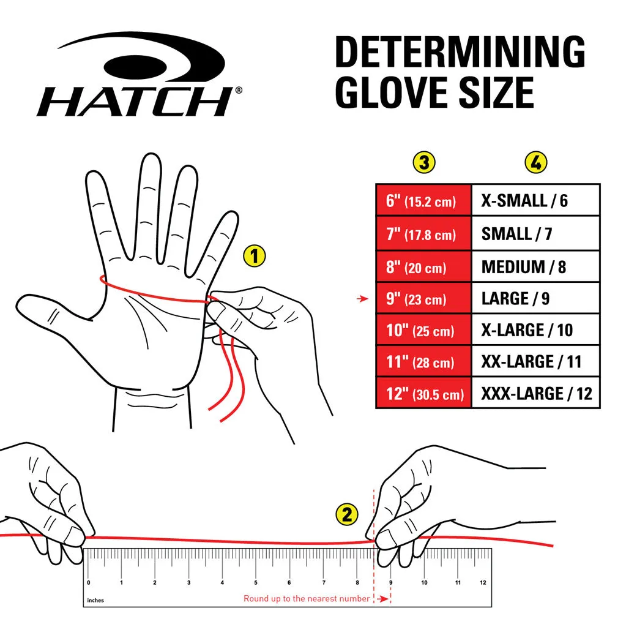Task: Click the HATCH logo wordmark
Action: point(135,102)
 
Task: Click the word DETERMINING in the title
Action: point(460,51)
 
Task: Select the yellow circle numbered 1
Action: point(255,256)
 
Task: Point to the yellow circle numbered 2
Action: point(347,514)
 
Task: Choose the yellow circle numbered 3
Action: point(423,162)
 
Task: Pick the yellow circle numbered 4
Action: point(536,162)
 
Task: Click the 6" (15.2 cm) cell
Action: point(423,200)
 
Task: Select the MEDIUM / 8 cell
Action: point(535,267)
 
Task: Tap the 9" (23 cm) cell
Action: point(423,298)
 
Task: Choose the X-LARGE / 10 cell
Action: point(535,330)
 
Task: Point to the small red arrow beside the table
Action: point(363,299)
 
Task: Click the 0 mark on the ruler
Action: point(88,582)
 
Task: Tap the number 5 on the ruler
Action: point(256,582)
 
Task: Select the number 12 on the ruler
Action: point(483,582)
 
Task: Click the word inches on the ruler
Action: point(95,600)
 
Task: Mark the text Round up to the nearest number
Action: point(307,599)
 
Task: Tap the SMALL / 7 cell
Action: point(535,233)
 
